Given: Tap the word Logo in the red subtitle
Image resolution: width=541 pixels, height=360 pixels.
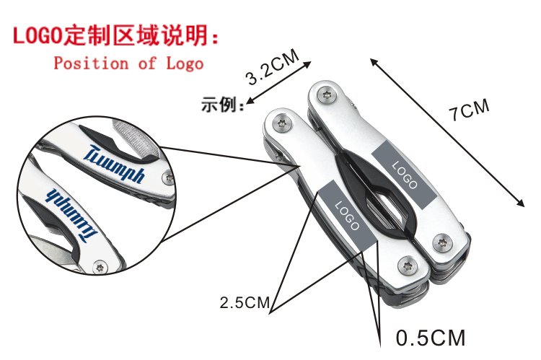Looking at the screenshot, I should [185, 63].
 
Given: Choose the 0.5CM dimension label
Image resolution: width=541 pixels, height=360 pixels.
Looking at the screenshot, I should [431, 338].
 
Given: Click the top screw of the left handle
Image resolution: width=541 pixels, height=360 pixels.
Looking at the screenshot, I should [281, 123].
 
